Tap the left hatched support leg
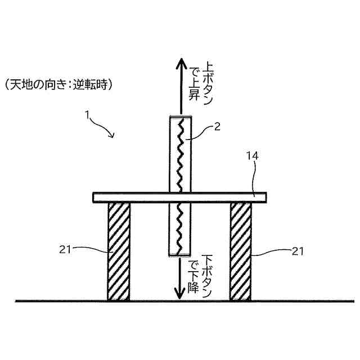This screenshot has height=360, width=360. (x=119, y=251)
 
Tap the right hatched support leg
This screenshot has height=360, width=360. (x=240, y=251)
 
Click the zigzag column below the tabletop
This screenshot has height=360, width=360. (x=180, y=228)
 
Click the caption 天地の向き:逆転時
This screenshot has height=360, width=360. (x=59, y=85)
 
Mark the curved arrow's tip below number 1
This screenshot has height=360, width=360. (x=113, y=136)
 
